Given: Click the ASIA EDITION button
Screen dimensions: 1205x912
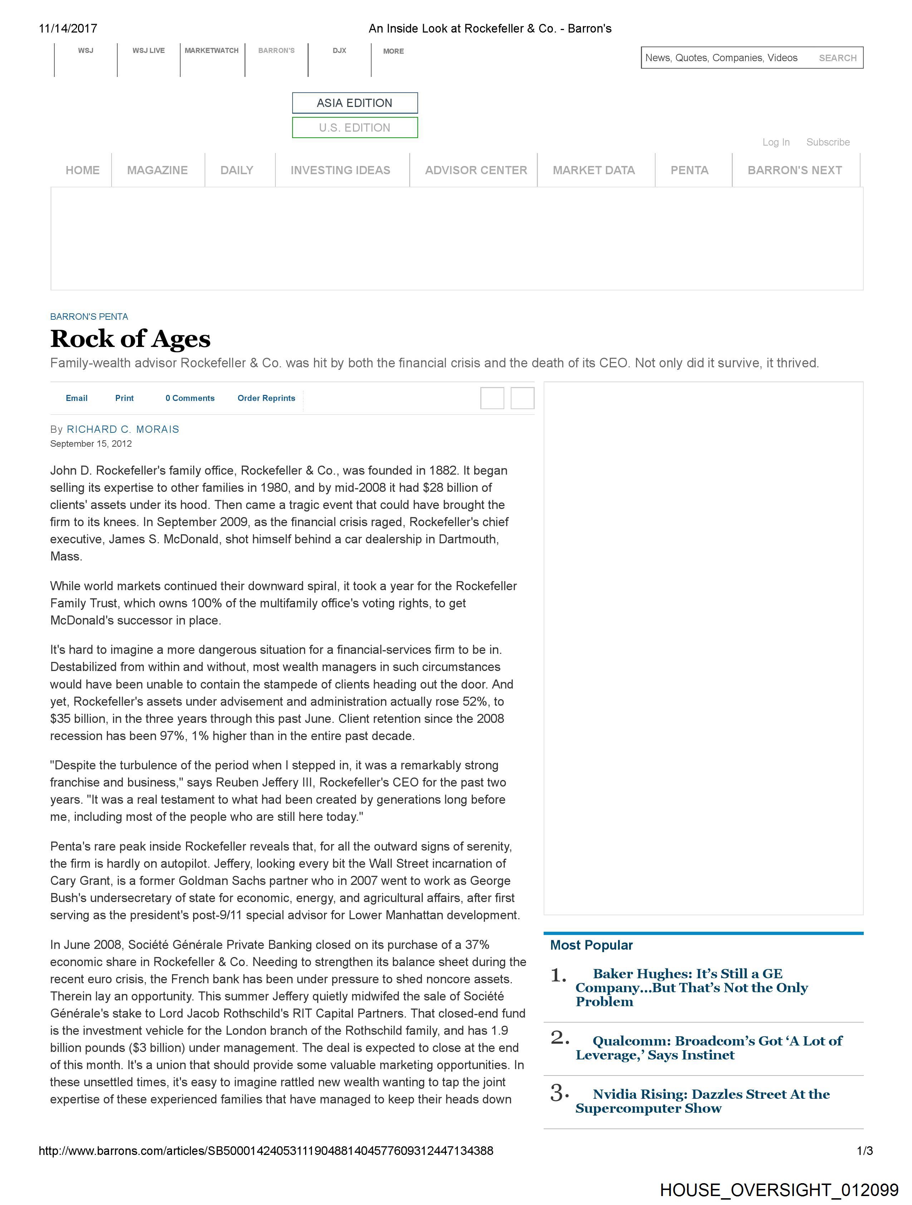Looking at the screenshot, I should [x=355, y=103].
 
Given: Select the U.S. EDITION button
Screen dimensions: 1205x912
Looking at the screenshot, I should [x=355, y=127].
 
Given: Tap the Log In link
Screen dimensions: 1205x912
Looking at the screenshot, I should [x=776, y=142].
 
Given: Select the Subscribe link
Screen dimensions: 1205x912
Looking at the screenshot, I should [x=828, y=142].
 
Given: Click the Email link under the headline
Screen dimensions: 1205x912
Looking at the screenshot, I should [x=76, y=398].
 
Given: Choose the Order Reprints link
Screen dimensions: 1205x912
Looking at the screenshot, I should [x=266, y=398].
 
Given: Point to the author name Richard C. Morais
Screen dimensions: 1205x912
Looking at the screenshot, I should [x=123, y=429].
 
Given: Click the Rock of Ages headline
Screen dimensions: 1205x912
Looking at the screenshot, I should [x=130, y=339].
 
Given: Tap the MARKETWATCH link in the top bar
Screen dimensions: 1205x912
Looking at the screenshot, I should [x=211, y=51].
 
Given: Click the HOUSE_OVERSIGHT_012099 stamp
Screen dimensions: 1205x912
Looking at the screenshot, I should [x=779, y=1190].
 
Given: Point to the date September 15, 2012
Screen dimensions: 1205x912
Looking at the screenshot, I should [x=91, y=444].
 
